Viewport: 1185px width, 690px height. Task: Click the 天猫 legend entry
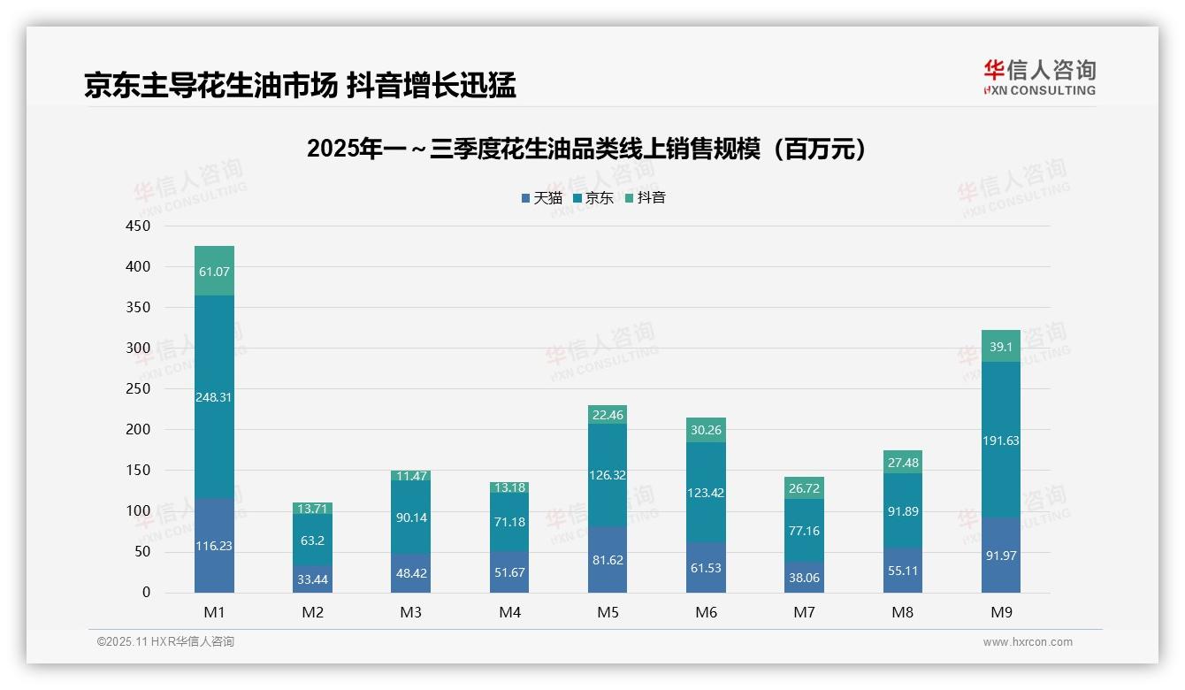pyautogui.click(x=541, y=198)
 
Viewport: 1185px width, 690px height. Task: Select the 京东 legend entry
pyautogui.click(x=593, y=198)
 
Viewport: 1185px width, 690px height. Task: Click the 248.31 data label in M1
pyautogui.click(x=215, y=397)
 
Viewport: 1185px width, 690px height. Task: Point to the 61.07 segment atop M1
pyautogui.click(x=215, y=272)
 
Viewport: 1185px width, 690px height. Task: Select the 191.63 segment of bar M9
pyautogui.click(x=1001, y=441)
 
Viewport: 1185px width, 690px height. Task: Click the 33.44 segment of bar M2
pyautogui.click(x=313, y=579)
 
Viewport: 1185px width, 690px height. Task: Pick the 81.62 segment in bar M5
pyautogui.click(x=607, y=559)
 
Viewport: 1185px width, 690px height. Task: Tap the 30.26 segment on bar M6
pyautogui.click(x=705, y=430)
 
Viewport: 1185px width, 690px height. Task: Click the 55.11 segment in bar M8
pyautogui.click(x=902, y=571)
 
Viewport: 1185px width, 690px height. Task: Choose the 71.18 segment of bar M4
pyautogui.click(x=508, y=522)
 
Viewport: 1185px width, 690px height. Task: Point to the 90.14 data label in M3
pyautogui.click(x=411, y=517)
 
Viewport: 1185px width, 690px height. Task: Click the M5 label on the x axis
pyautogui.click(x=608, y=612)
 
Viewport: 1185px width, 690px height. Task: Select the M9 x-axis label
pyautogui.click(x=1000, y=612)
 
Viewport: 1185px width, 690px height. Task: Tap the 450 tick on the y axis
pyautogui.click(x=140, y=226)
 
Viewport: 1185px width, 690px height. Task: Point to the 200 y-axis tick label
pyautogui.click(x=140, y=430)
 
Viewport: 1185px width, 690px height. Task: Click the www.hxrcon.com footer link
pyautogui.click(x=1028, y=642)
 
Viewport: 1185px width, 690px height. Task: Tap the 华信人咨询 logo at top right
pyautogui.click(x=1039, y=77)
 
